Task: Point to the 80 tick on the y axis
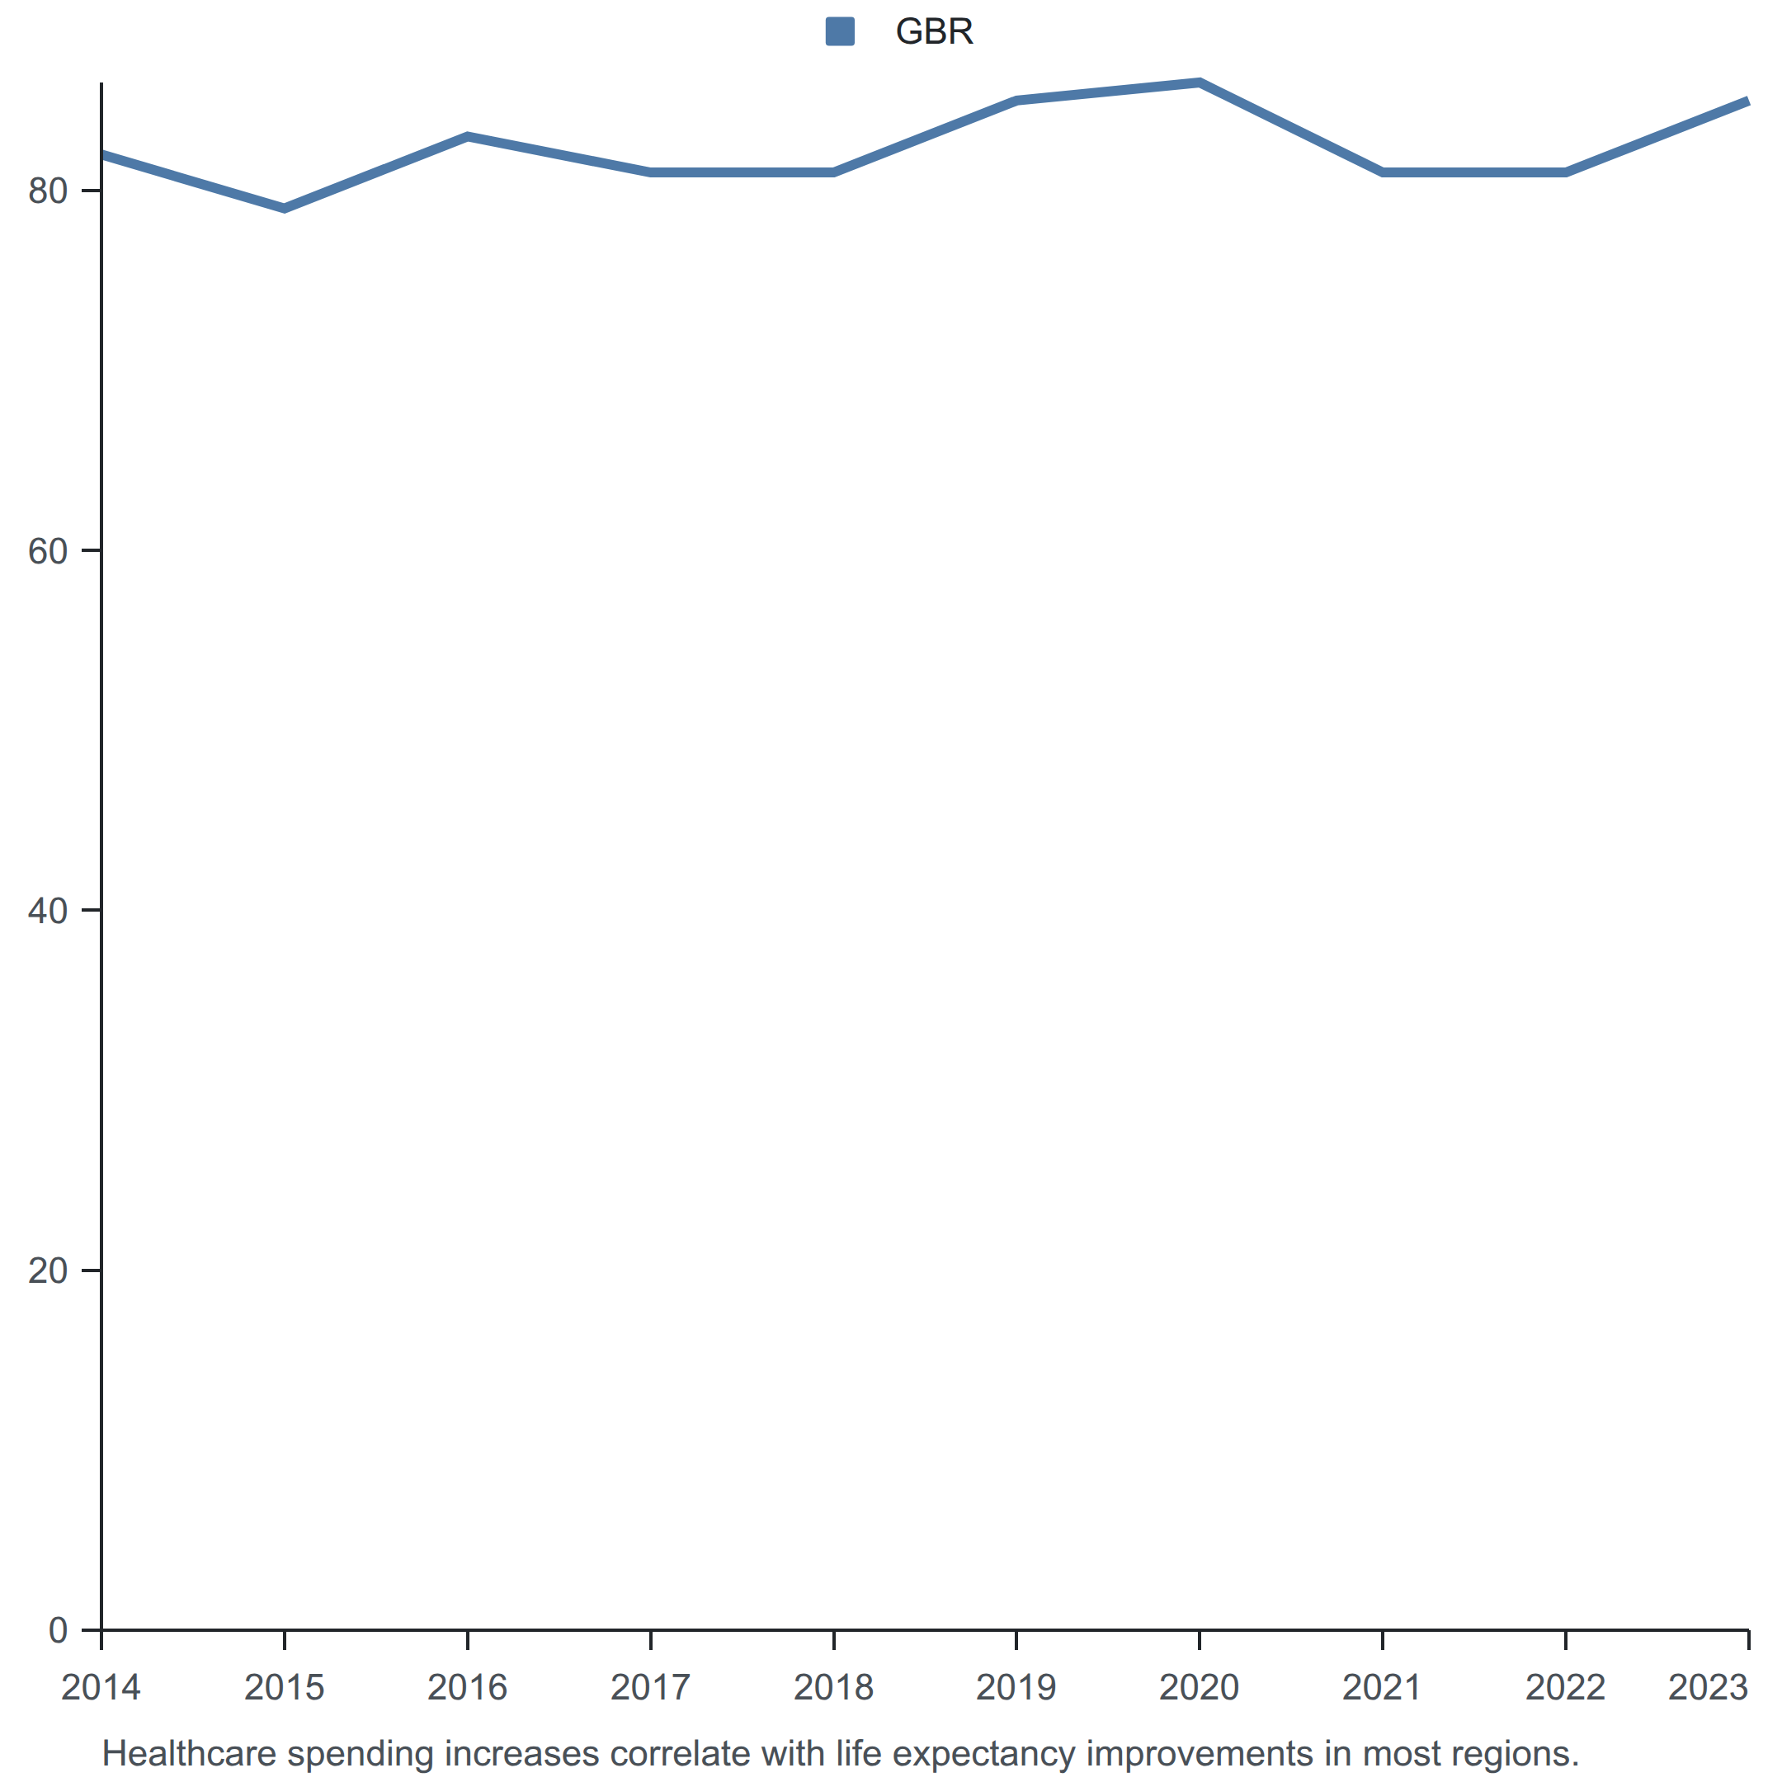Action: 48,191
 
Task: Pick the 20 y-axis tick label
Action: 48,1270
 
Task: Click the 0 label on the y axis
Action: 58,1630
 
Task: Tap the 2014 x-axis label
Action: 101,1687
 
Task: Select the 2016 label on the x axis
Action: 467,1687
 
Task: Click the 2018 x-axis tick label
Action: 833,1687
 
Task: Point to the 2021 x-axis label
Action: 1382,1687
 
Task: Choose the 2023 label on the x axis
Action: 1709,1687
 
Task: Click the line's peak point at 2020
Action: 1199,83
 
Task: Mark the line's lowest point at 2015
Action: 284,209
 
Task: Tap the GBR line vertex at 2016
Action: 468,136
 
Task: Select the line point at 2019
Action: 1016,101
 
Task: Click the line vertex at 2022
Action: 1565,172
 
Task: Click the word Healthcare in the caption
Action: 189,1752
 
